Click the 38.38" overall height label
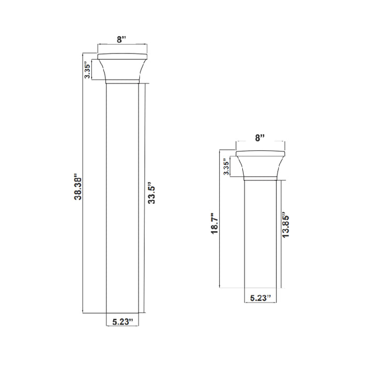[77, 187]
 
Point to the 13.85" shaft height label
[286, 226]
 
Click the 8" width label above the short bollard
[260, 138]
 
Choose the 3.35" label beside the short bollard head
[225, 167]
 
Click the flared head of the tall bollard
[123, 68]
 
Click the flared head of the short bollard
[260, 165]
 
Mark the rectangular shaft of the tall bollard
[123, 199]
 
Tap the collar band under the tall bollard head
[123, 81]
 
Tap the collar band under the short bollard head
[260, 178]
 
